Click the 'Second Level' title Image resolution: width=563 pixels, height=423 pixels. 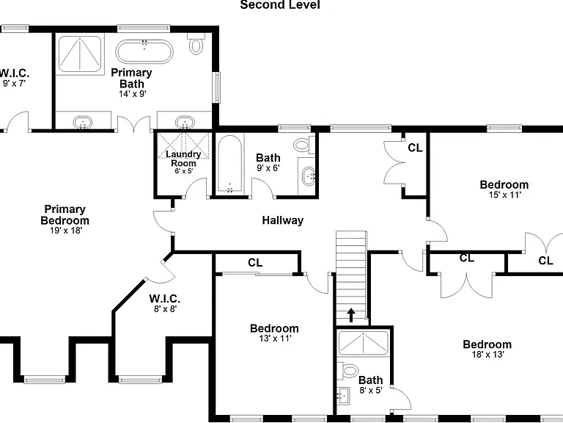click(280, 4)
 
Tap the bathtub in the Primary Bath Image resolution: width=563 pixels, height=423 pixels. click(144, 52)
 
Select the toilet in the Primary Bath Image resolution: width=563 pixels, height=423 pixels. click(196, 44)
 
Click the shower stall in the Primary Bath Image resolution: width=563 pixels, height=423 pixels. click(79, 54)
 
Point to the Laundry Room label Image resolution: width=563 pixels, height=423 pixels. click(183, 159)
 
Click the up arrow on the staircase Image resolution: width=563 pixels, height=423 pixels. click(351, 315)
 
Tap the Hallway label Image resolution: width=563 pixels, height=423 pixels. click(282, 220)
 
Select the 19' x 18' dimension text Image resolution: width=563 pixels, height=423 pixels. click(66, 231)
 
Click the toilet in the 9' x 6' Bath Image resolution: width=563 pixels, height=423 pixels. click(303, 145)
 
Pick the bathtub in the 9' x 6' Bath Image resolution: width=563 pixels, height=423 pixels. click(229, 164)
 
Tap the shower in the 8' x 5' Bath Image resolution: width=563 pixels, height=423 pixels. click(364, 344)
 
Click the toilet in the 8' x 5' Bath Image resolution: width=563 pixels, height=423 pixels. click(348, 370)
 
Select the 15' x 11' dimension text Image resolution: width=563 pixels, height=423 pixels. click(504, 195)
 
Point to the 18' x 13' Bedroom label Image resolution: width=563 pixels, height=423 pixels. click(487, 344)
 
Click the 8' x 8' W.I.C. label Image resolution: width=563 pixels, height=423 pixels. click(165, 299)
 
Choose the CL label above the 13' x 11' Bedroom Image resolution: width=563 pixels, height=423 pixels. click(255, 263)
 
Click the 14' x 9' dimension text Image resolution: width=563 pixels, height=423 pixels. click(133, 94)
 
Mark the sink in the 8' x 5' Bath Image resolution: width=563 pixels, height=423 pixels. click(344, 396)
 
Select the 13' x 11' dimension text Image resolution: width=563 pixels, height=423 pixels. click(275, 339)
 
